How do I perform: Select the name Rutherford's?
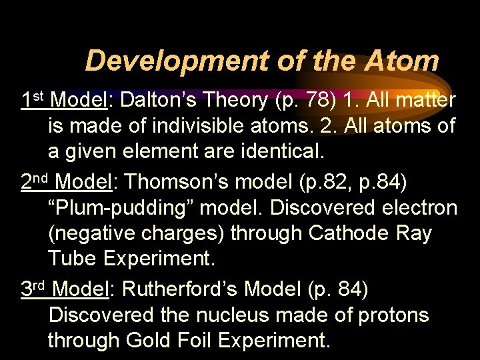[181, 289]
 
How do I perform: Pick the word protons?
[393, 315]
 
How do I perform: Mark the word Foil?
[197, 341]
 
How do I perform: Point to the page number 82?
[323, 181]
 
